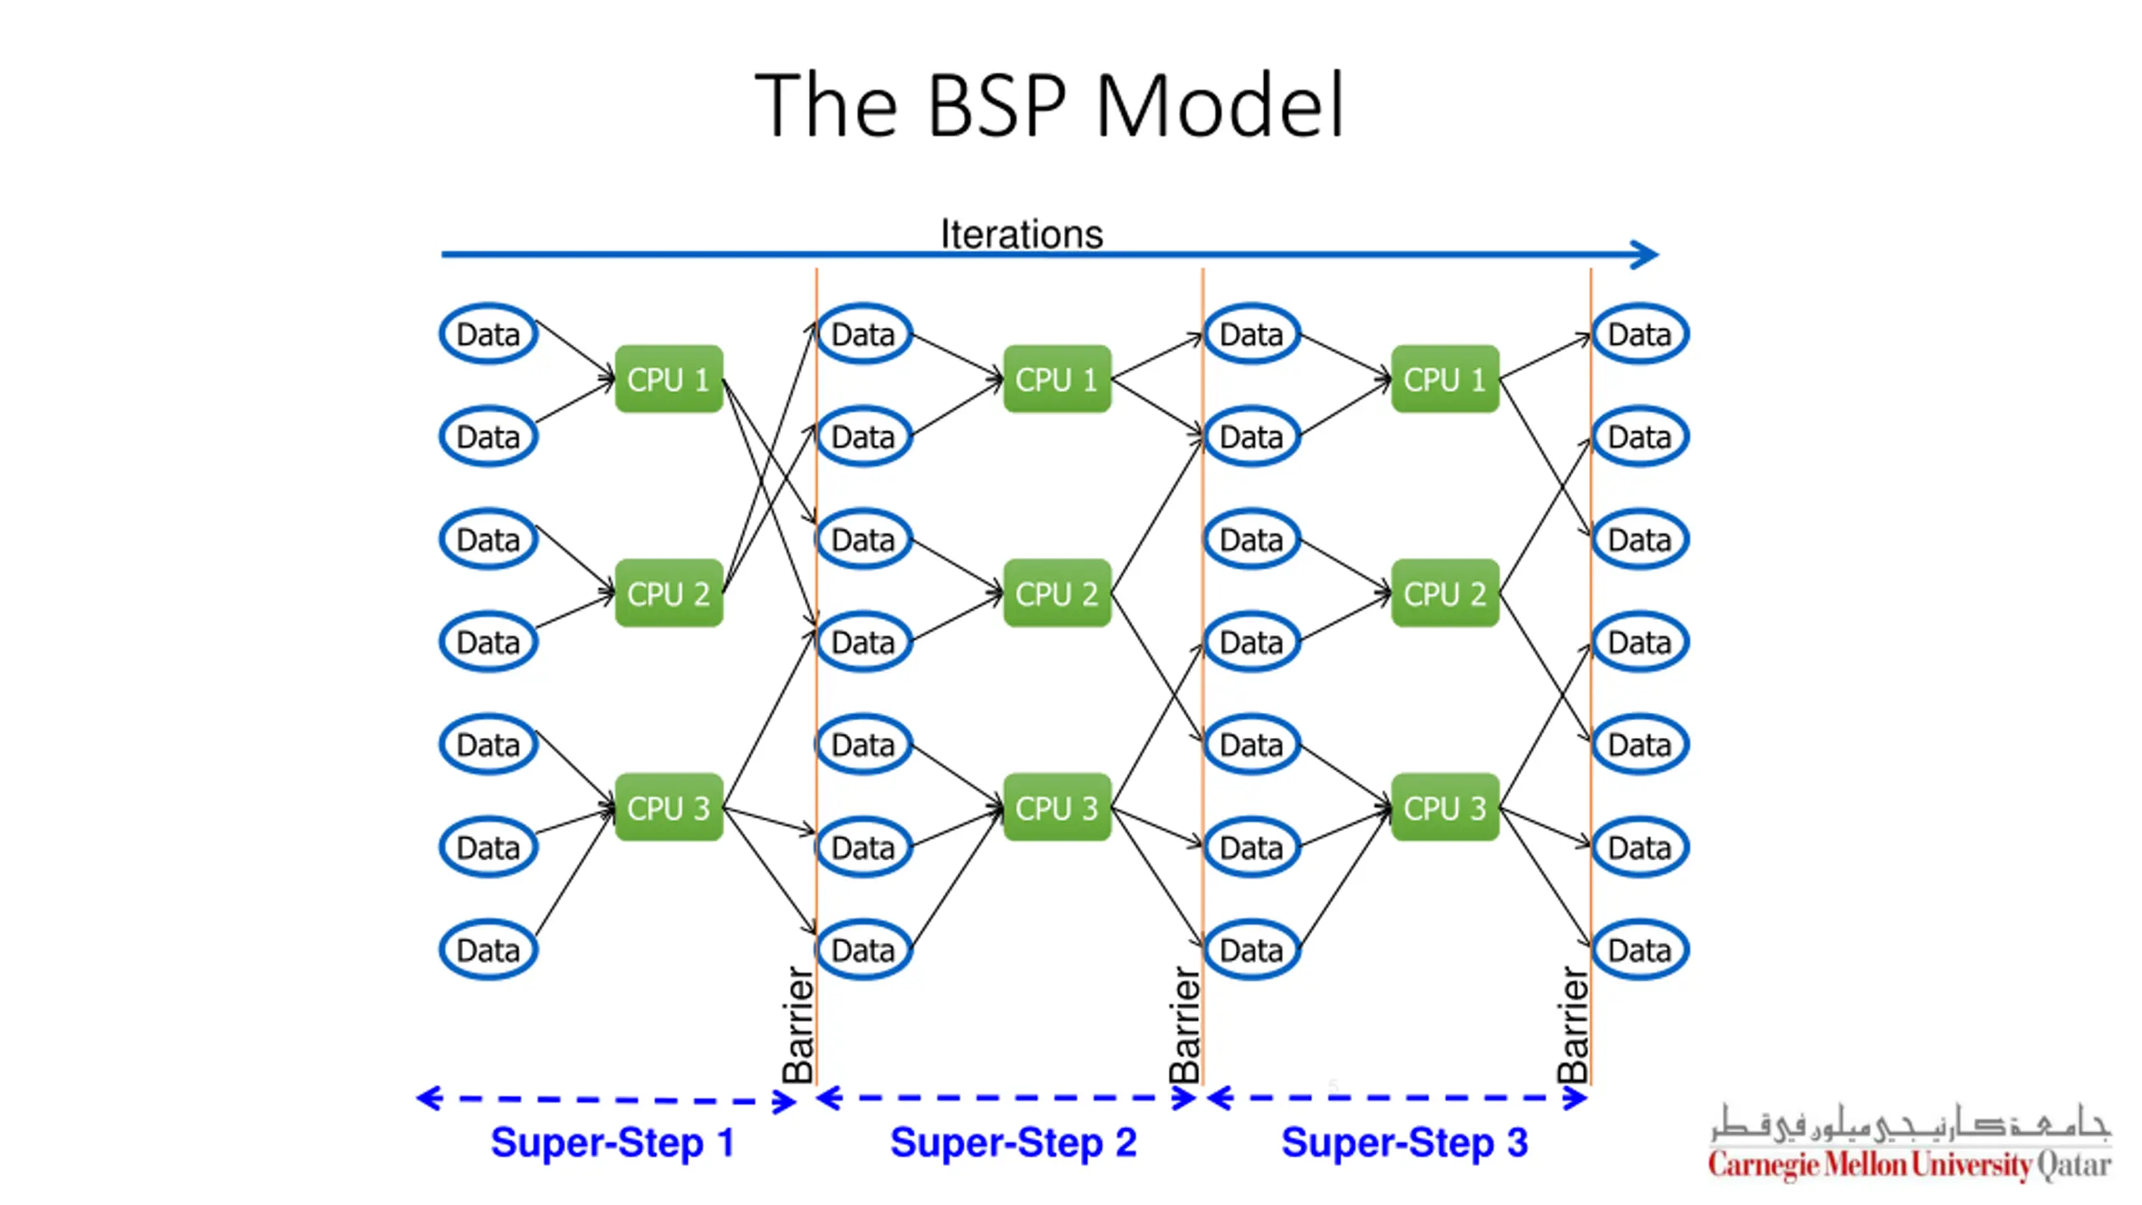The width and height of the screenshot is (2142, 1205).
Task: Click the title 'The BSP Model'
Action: (x=1049, y=105)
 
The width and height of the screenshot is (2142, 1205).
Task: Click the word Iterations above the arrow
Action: (x=1022, y=233)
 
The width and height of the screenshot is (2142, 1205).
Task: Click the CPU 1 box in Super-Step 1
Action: (x=669, y=379)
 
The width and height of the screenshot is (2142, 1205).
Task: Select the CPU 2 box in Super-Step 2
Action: (x=1057, y=593)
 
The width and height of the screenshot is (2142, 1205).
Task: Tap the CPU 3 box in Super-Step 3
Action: (x=1445, y=808)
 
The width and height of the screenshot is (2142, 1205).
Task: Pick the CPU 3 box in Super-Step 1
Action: (x=669, y=808)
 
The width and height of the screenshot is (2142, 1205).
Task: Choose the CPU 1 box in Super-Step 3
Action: (x=1445, y=379)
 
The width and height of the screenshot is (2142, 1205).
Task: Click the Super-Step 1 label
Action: (x=612, y=1143)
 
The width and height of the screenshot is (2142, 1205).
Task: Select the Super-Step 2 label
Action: (x=1013, y=1143)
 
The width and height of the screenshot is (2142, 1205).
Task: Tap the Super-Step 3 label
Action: (x=1405, y=1143)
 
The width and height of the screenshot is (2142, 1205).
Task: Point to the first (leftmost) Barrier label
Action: (x=798, y=1025)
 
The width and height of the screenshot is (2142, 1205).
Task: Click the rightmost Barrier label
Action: (x=1573, y=1025)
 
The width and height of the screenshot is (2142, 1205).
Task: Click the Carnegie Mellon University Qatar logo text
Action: (x=1909, y=1164)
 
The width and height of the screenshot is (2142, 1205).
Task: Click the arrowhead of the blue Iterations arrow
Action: (x=1645, y=254)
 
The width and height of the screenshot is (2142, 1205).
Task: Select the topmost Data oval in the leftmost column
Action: (x=489, y=334)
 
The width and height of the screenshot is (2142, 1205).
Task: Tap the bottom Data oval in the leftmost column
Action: (x=489, y=950)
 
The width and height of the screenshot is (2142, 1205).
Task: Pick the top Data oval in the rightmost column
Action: (x=1640, y=334)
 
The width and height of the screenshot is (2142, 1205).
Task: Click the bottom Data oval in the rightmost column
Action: (x=1640, y=950)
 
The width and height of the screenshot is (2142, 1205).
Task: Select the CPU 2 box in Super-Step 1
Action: (x=669, y=593)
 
